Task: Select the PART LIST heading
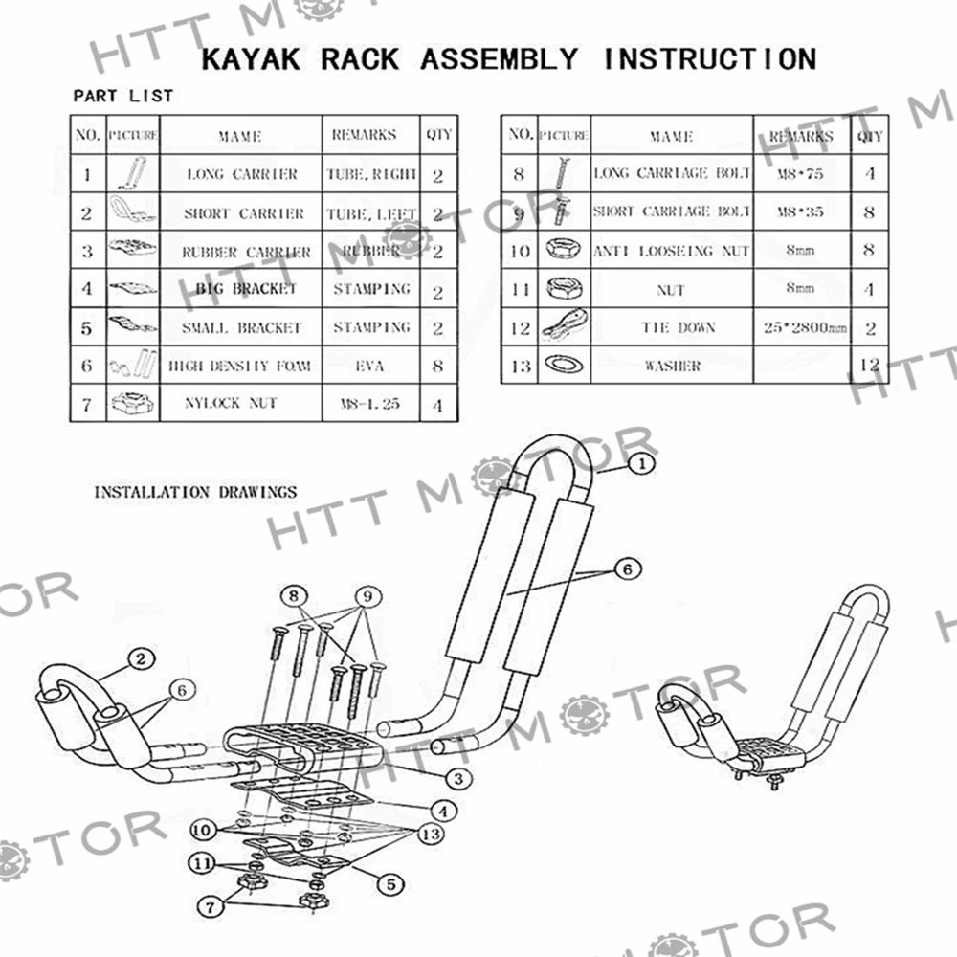(x=123, y=96)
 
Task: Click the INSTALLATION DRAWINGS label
(x=195, y=492)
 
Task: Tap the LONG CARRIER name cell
(x=241, y=175)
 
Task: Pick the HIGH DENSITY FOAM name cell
(x=239, y=366)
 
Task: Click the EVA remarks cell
(x=371, y=366)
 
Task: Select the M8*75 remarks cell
(x=802, y=174)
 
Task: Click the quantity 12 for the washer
(x=869, y=365)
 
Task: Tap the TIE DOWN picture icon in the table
(x=563, y=327)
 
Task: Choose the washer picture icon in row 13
(x=563, y=365)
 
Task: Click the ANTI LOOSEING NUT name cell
(x=672, y=251)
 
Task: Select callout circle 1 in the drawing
(x=640, y=464)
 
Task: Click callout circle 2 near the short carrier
(x=140, y=658)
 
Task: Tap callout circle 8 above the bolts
(x=293, y=595)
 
